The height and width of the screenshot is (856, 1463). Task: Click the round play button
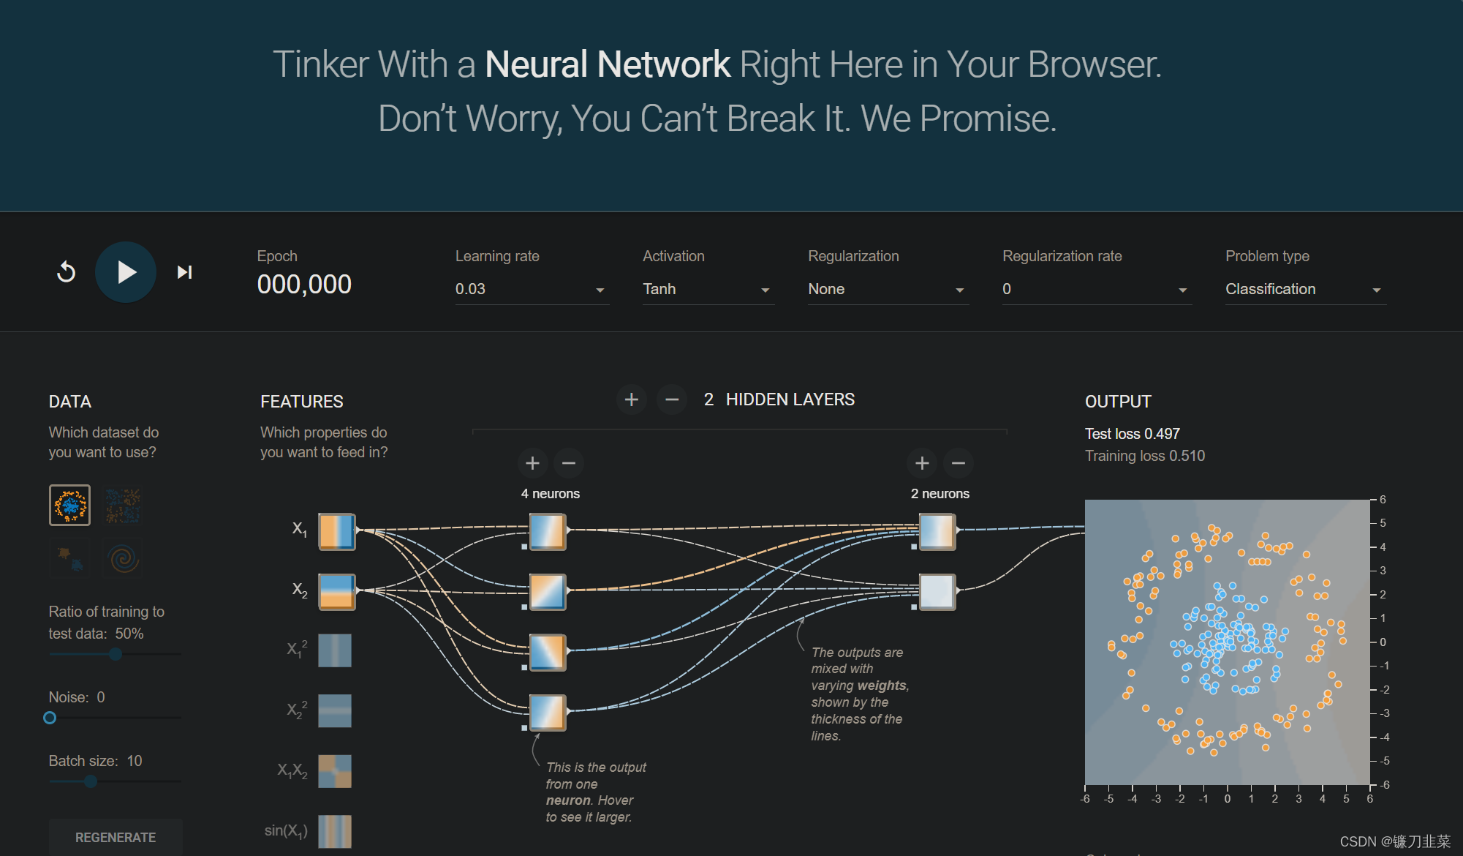pyautogui.click(x=126, y=272)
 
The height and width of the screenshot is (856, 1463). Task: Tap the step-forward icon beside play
pyautogui.click(x=184, y=272)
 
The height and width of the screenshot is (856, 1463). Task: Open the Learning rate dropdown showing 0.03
pyautogui.click(x=531, y=289)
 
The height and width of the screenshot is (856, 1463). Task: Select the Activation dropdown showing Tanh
pyautogui.click(x=707, y=289)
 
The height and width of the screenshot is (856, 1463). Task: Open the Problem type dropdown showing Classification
pyautogui.click(x=1304, y=289)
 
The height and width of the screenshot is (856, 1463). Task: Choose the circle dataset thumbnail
pyautogui.click(x=69, y=505)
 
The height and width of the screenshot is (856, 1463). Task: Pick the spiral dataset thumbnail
pyautogui.click(x=123, y=559)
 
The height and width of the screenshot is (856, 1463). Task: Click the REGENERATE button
pyautogui.click(x=116, y=837)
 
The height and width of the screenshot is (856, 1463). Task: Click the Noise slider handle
pyautogui.click(x=50, y=718)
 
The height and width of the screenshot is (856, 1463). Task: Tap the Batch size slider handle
pyautogui.click(x=91, y=781)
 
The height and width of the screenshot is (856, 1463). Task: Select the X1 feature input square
pyautogui.click(x=336, y=532)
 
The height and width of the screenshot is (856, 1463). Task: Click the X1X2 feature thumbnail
pyautogui.click(x=335, y=771)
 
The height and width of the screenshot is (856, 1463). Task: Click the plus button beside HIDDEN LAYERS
pyautogui.click(x=632, y=399)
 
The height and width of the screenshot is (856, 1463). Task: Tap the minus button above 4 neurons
pyautogui.click(x=569, y=463)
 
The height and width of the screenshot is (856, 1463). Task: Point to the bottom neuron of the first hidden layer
pyautogui.click(x=548, y=713)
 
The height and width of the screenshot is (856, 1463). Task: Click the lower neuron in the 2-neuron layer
pyautogui.click(x=937, y=592)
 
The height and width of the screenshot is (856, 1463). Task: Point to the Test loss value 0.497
pyautogui.click(x=1162, y=434)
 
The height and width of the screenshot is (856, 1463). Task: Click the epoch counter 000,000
pyautogui.click(x=304, y=285)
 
